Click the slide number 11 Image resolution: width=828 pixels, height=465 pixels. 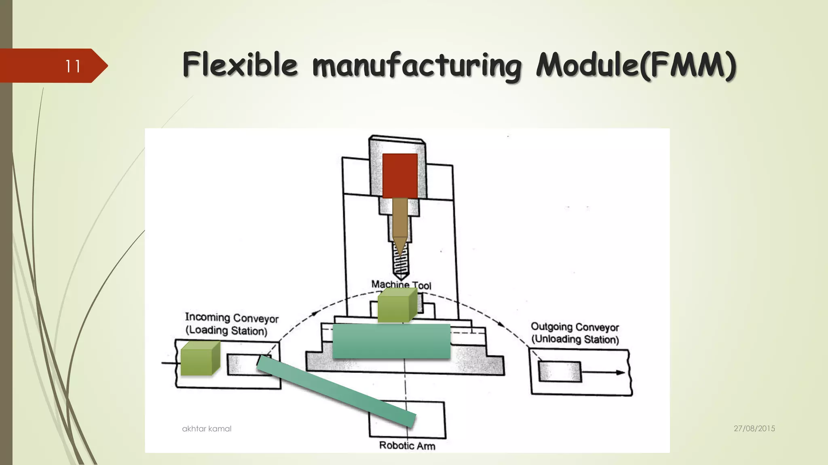(73, 66)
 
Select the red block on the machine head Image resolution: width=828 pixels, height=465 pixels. (400, 176)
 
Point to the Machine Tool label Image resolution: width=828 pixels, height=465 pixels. (401, 285)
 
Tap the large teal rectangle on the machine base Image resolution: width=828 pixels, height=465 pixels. (391, 341)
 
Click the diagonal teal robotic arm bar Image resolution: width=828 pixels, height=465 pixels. (336, 391)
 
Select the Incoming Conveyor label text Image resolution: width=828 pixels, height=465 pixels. (232, 318)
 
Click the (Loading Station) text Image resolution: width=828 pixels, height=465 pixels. (226, 331)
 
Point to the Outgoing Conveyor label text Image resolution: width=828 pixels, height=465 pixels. (575, 327)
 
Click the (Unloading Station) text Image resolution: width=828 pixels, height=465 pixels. (575, 339)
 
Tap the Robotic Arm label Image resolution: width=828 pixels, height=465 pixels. (407, 446)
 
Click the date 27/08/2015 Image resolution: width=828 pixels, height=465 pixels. (754, 429)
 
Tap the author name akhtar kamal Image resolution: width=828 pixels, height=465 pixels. (207, 429)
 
